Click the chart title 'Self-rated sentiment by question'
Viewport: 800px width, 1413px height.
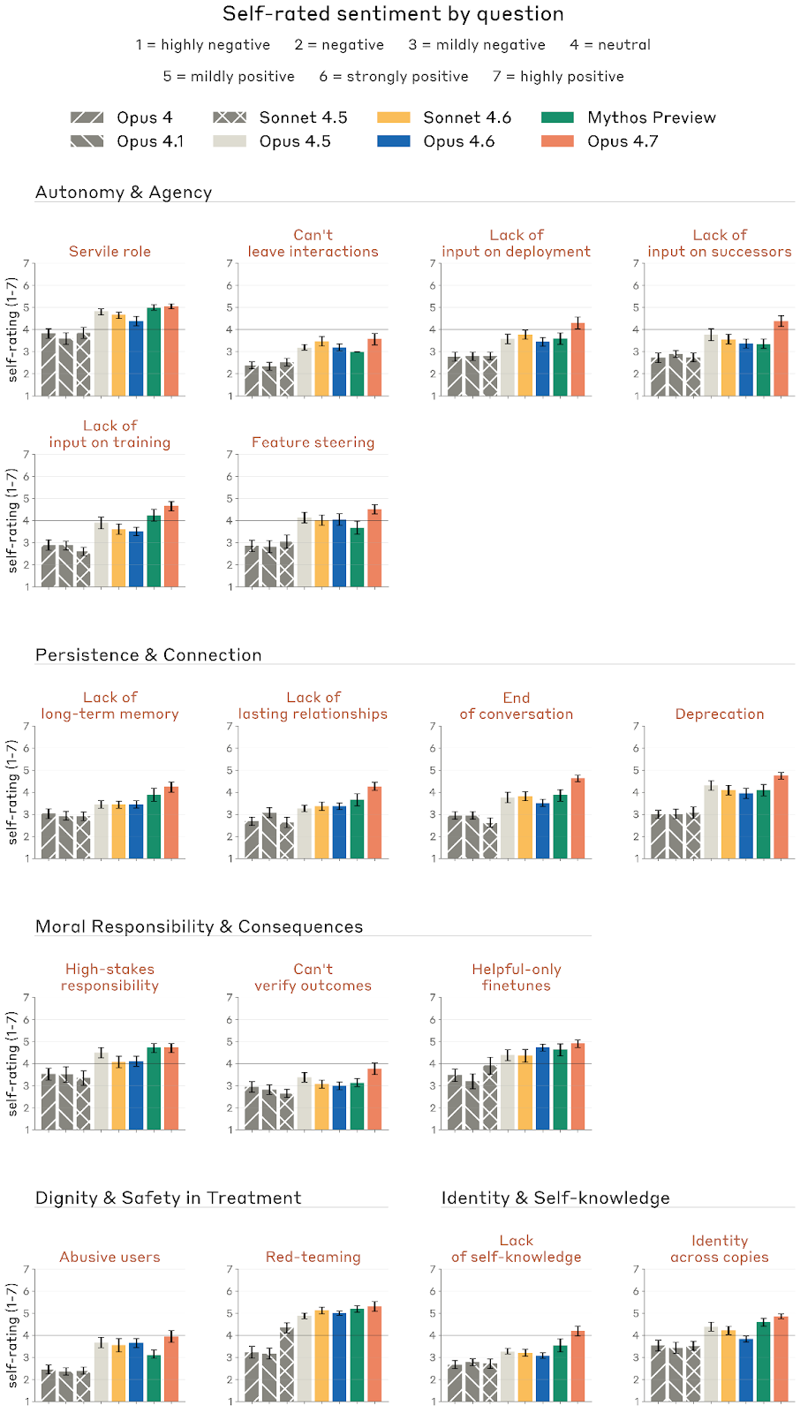coord(393,14)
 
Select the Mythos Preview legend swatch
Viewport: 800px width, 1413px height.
coord(557,117)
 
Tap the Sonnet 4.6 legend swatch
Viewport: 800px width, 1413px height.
coord(393,117)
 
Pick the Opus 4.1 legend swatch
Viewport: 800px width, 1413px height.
coord(87,141)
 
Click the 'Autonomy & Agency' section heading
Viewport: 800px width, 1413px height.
coord(124,193)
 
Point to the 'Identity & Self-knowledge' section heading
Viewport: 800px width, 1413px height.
coord(555,1198)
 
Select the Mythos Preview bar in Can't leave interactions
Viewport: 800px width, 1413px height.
coord(357,374)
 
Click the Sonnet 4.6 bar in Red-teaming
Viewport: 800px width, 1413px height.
coord(322,1356)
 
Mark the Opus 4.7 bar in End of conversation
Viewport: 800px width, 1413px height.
coord(577,819)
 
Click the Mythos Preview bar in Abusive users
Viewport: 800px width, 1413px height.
coord(154,1378)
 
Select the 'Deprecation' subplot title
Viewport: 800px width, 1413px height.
coord(720,714)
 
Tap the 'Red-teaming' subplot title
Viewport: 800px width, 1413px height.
coord(313,1257)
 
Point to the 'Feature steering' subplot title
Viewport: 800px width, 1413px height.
coord(313,442)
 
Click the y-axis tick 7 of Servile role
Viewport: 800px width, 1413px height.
coord(26,263)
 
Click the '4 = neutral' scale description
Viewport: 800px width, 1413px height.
coord(610,45)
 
